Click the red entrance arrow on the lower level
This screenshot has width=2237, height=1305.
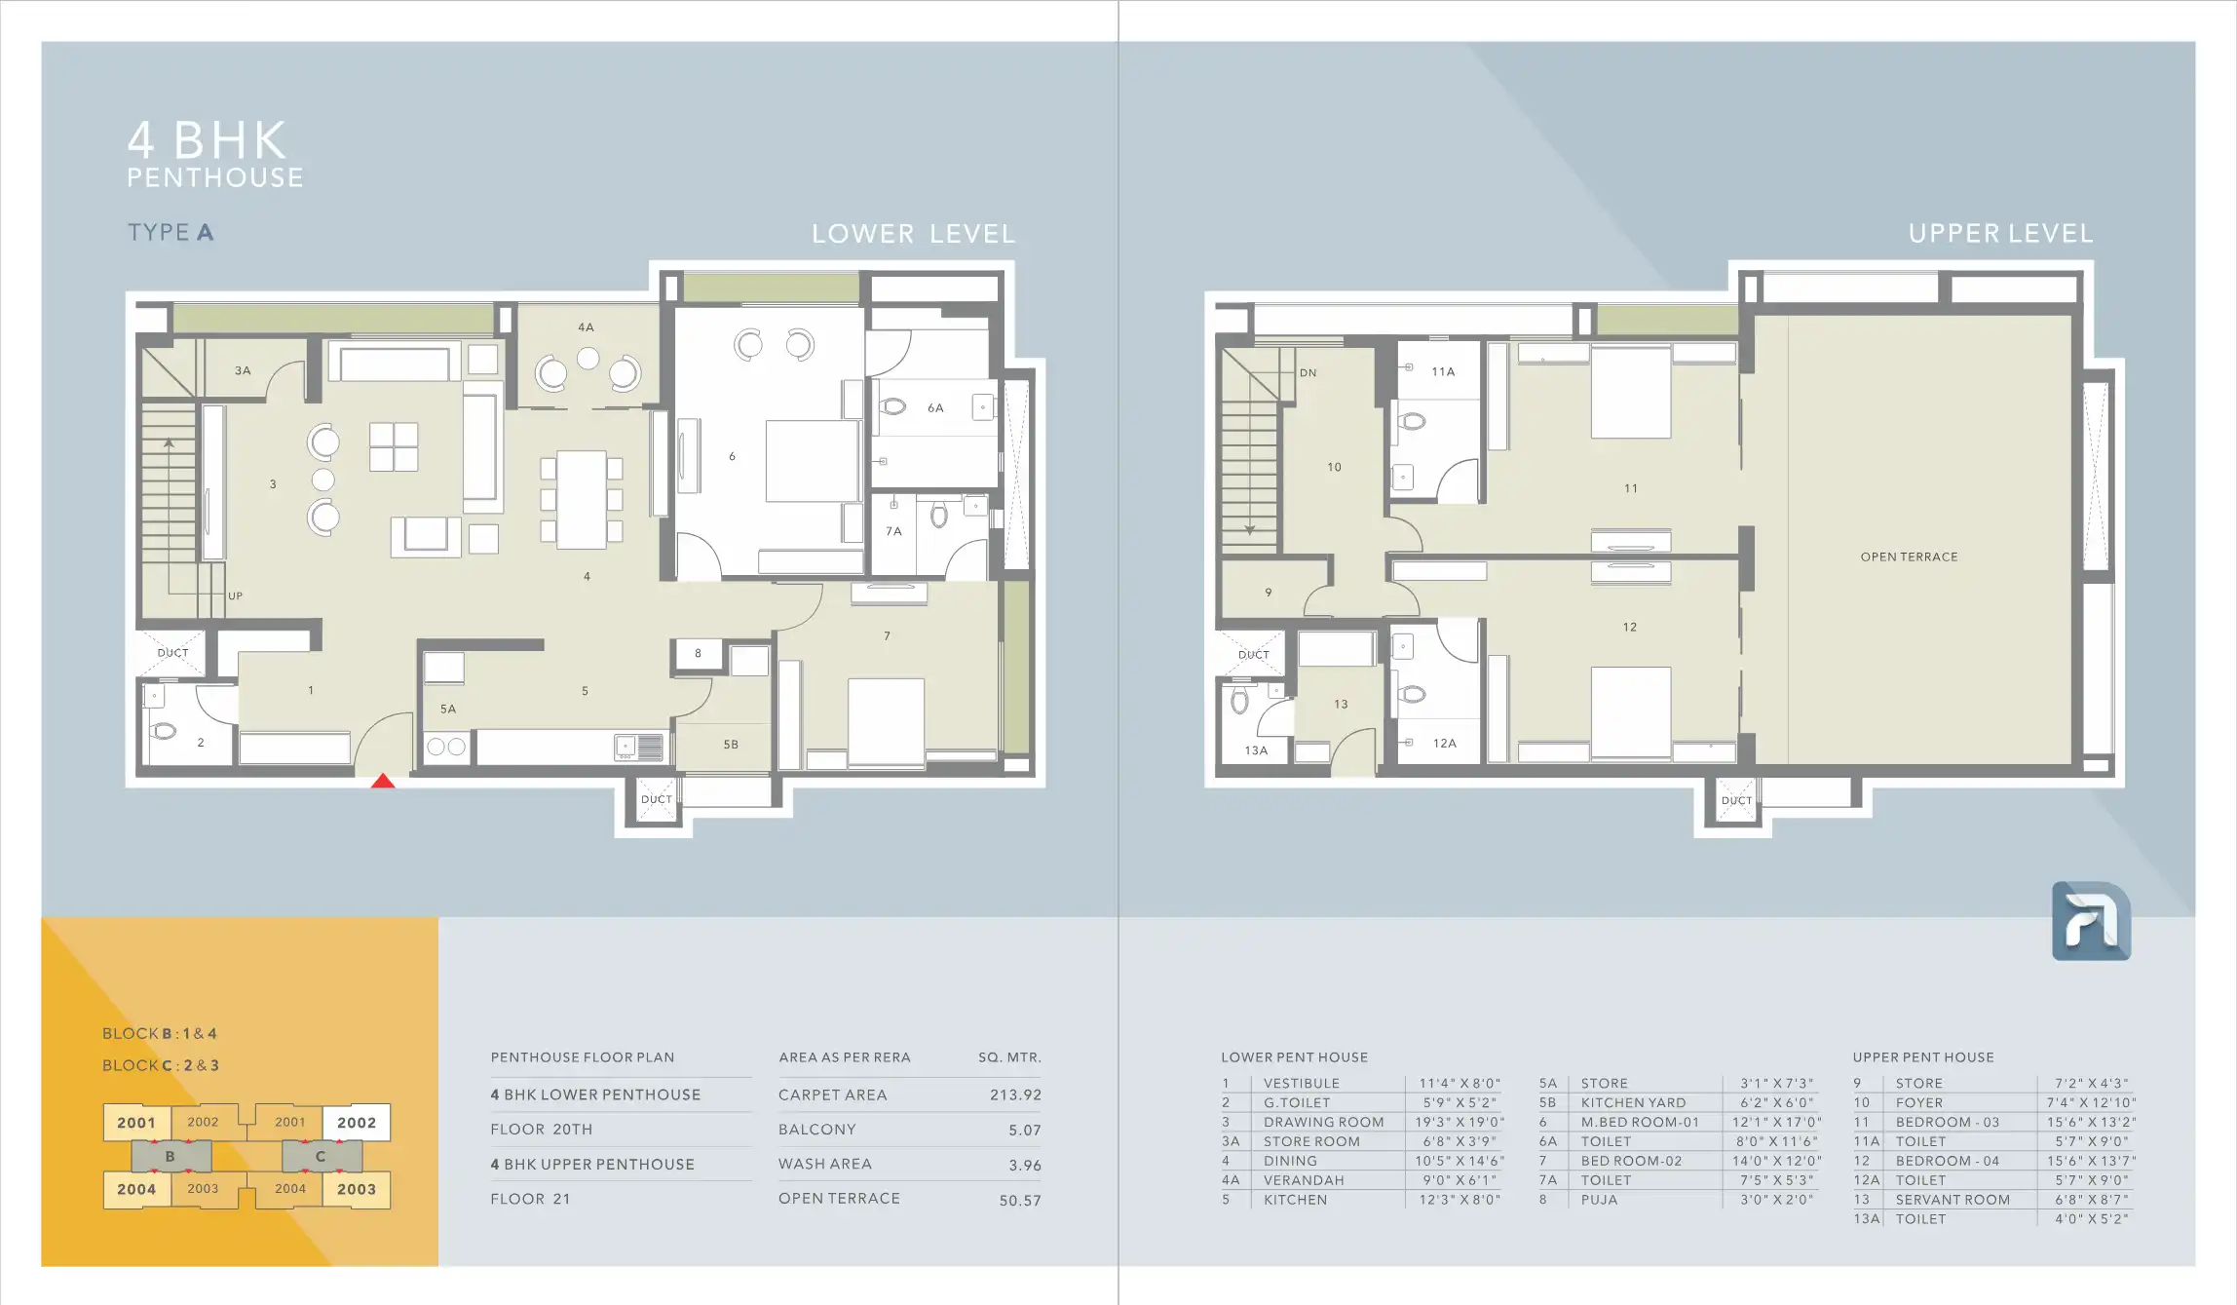tap(383, 781)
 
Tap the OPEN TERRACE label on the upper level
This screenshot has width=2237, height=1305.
tap(1909, 557)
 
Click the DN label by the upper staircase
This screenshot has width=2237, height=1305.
tap(1308, 373)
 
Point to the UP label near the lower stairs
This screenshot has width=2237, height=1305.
tap(235, 596)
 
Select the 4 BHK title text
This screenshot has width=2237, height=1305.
tap(208, 140)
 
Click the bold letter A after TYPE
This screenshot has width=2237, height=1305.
tap(205, 233)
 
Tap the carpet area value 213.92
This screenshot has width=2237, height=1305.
tap(1015, 1095)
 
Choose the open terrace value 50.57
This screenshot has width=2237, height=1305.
tap(1020, 1201)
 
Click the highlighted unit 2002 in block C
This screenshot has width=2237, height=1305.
tap(357, 1123)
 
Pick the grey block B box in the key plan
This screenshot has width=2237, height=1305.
tap(171, 1157)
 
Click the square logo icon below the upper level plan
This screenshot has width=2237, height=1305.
tap(2091, 921)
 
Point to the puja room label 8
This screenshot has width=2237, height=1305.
tap(698, 654)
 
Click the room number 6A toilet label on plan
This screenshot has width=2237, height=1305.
tap(935, 408)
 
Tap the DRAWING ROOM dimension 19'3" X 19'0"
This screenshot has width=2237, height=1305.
tap(1460, 1123)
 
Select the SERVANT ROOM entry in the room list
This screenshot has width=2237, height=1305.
tap(1953, 1201)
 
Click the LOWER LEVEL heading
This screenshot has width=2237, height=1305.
tap(913, 235)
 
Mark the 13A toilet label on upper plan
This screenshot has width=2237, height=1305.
tap(1256, 750)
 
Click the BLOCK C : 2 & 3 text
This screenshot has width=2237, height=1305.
tap(161, 1066)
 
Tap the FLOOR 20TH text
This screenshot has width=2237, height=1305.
tap(542, 1130)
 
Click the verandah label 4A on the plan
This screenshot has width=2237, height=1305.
tap(586, 327)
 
